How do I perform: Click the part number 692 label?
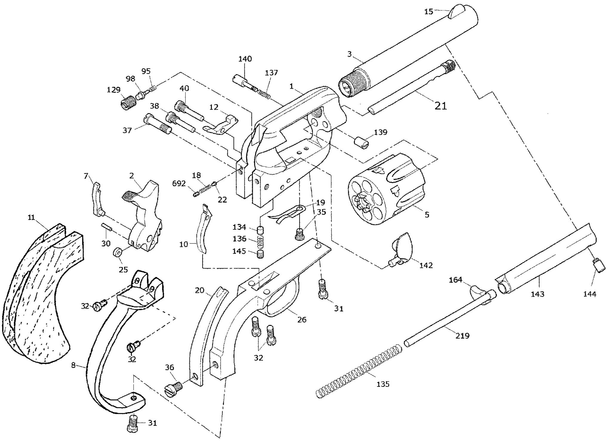[x=179, y=184]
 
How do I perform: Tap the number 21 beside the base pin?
[x=441, y=106]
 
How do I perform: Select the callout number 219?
[x=462, y=336]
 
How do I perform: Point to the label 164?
[x=456, y=280]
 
